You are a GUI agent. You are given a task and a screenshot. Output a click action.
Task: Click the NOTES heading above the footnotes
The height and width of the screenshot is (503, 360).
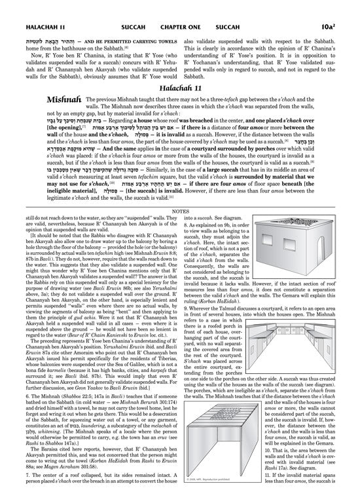tap(180, 221)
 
